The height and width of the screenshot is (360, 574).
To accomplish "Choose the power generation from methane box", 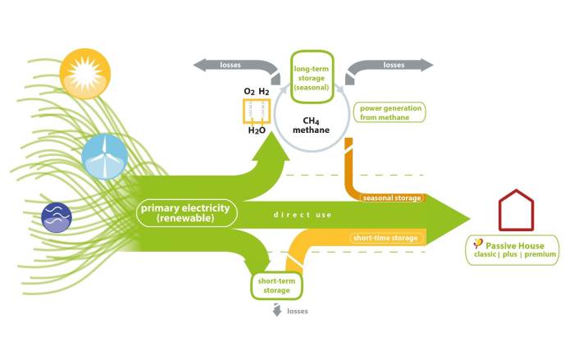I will tap(389, 112).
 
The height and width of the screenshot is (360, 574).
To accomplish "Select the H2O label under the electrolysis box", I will tap(258, 130).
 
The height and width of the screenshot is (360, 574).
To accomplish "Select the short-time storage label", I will tap(385, 239).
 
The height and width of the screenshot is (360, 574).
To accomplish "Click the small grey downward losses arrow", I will tap(276, 311).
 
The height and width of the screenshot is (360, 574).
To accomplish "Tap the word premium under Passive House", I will tap(540, 255).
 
